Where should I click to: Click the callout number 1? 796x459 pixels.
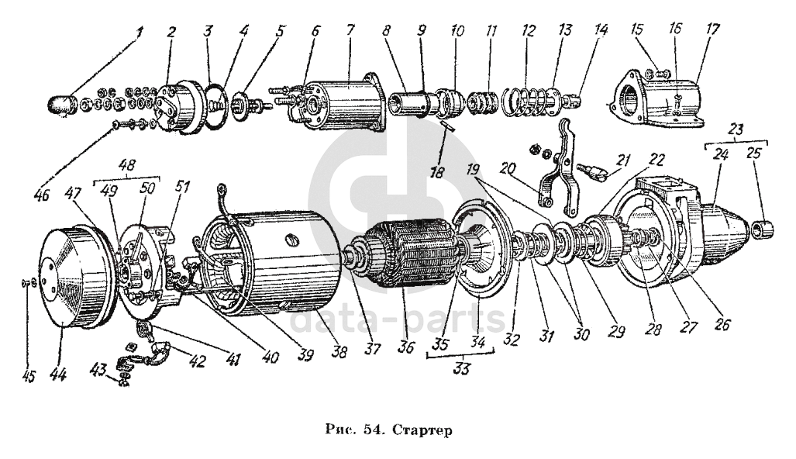pos(140,33)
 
